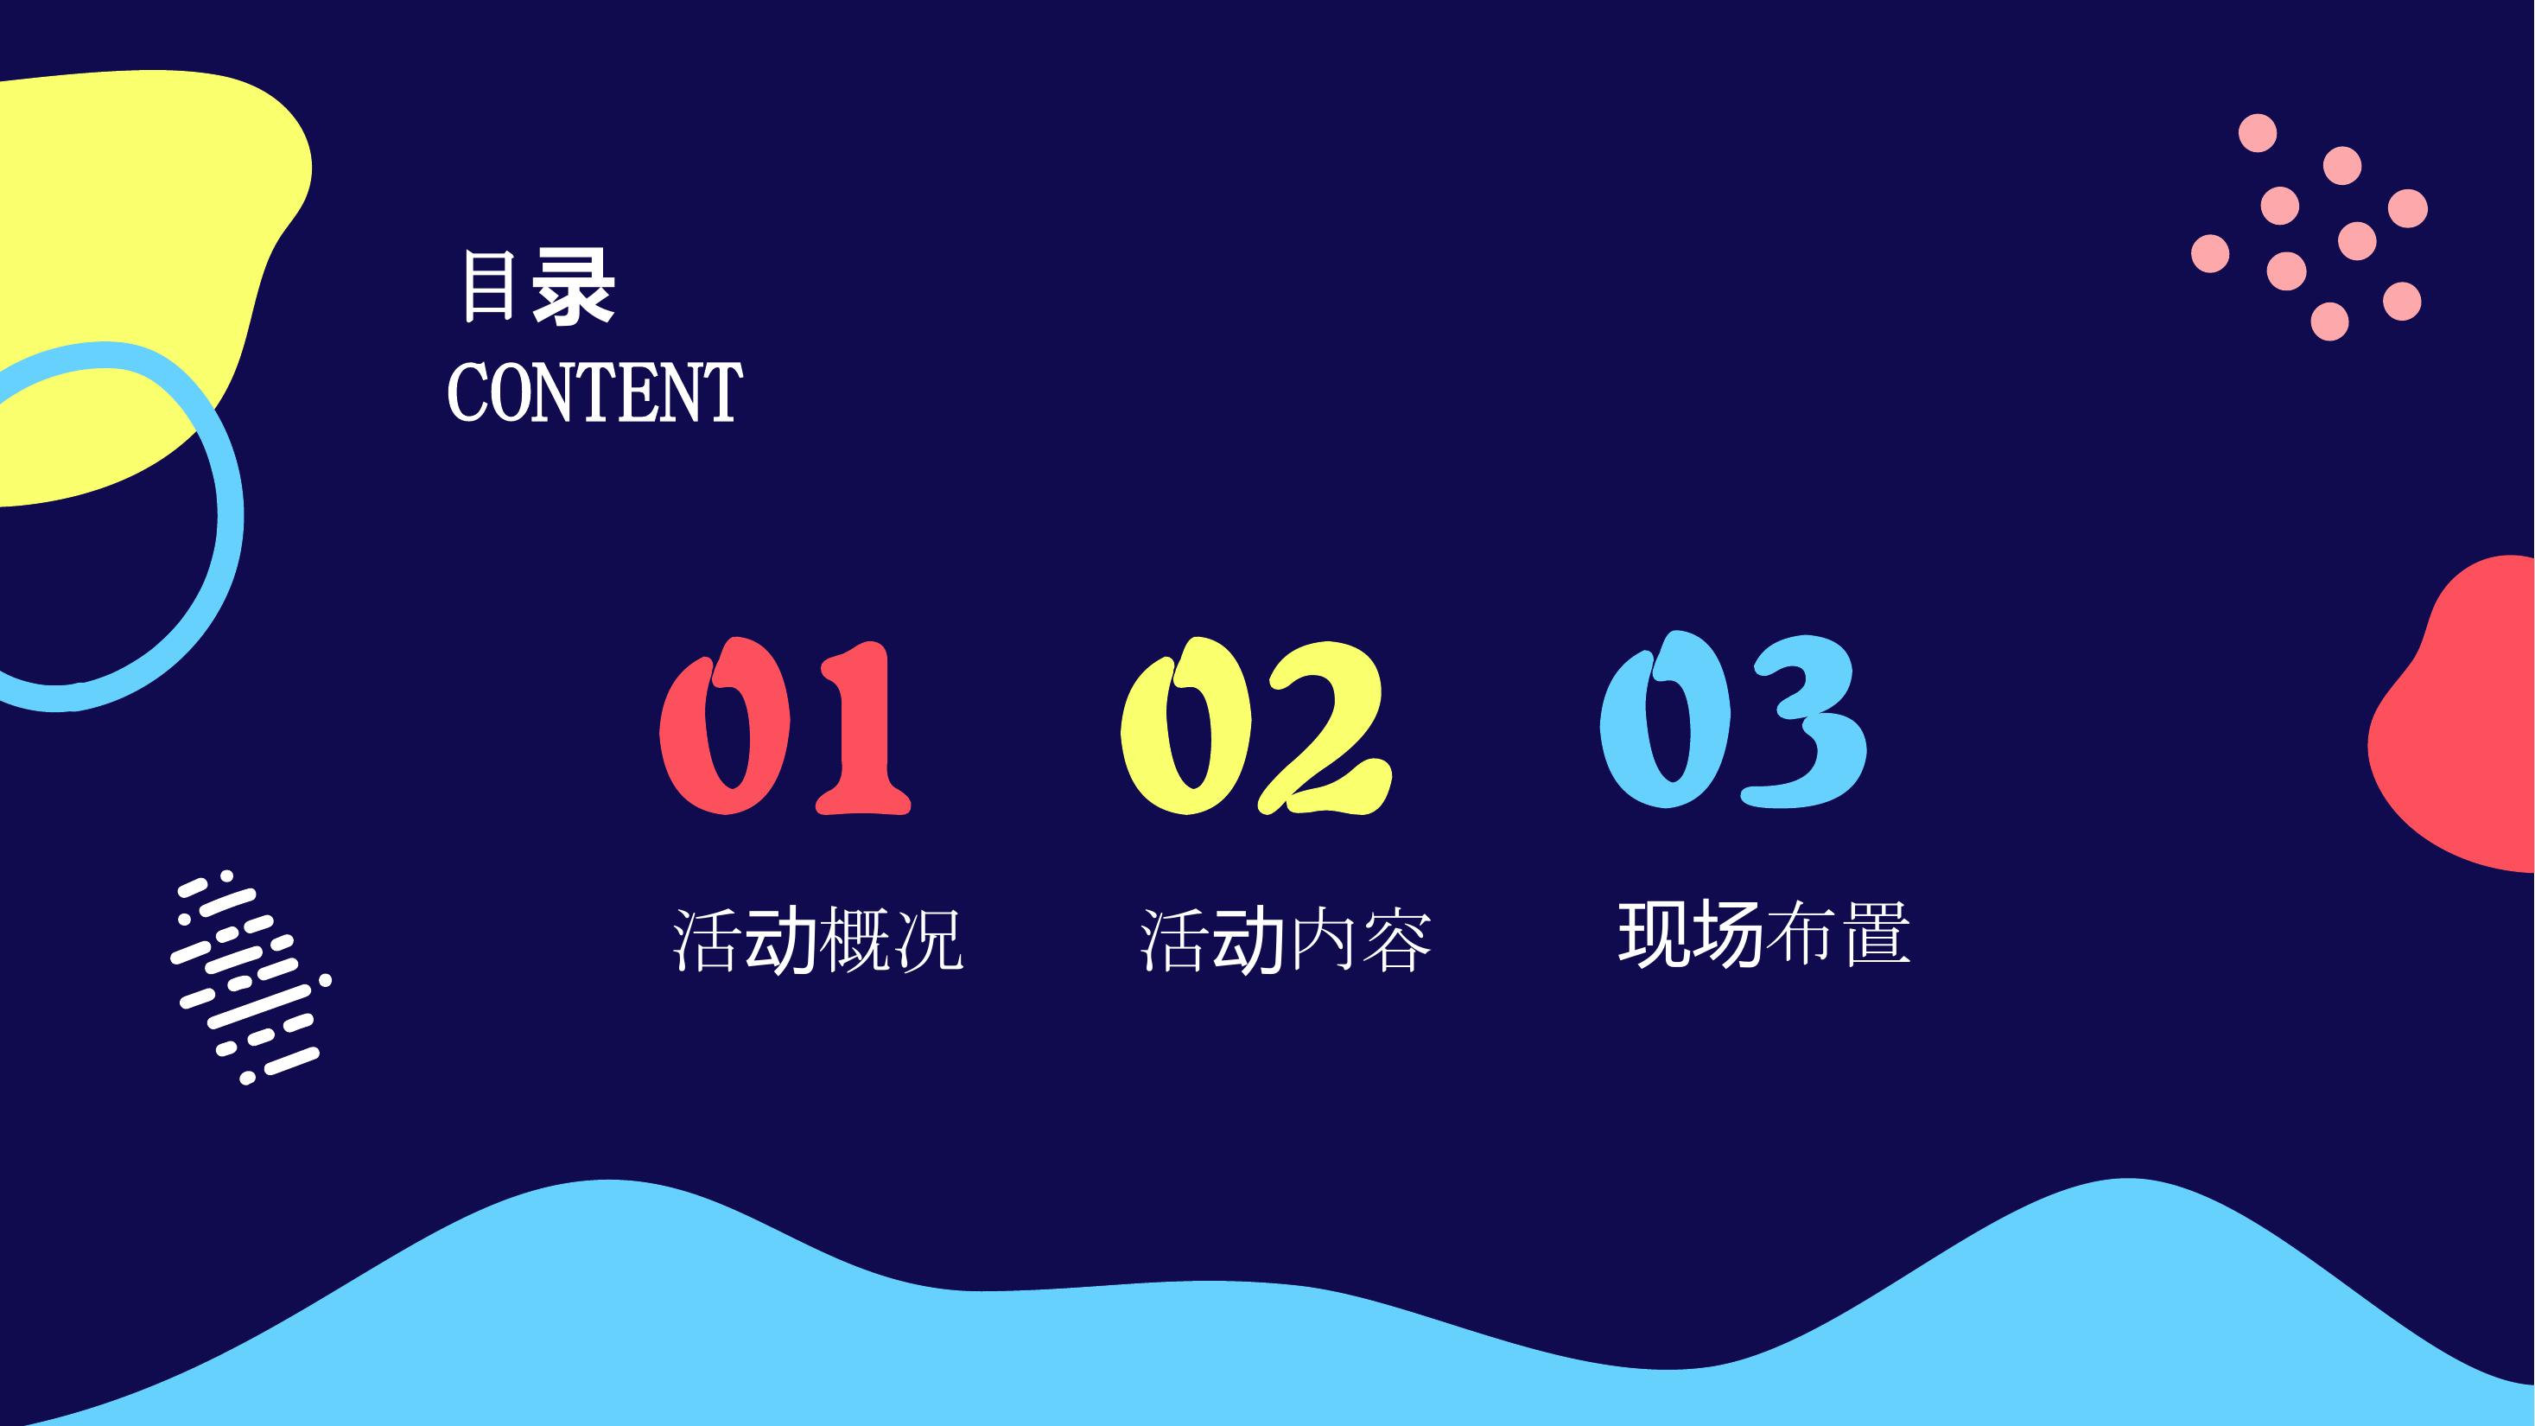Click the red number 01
785,726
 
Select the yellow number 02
1255,726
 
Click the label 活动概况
816,939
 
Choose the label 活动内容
1286,939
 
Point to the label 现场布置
1763,933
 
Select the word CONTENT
594,392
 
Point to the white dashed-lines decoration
250,977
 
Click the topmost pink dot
2258,133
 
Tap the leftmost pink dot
2210,253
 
